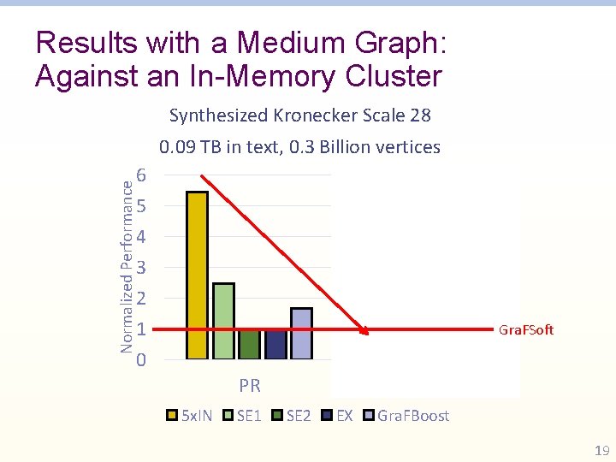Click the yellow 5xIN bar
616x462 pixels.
coord(197,275)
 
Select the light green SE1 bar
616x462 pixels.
coord(223,320)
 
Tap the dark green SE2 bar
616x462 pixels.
coord(249,344)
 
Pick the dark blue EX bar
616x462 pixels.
coord(275,344)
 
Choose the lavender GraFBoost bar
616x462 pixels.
coord(301,333)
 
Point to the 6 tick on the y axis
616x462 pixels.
coord(142,175)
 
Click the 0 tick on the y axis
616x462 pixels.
coord(142,360)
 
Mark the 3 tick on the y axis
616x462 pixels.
coord(142,268)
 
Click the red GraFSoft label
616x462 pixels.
coord(526,329)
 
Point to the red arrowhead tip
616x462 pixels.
coord(368,333)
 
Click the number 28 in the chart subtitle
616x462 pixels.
coord(420,115)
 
